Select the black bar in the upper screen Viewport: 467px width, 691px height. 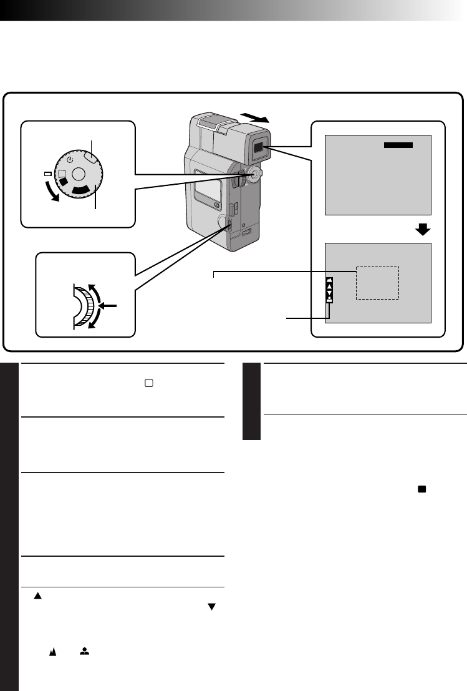pyautogui.click(x=398, y=145)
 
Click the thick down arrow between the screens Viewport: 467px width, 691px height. pyautogui.click(x=423, y=230)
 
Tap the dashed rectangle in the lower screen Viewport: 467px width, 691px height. pyautogui.click(x=377, y=283)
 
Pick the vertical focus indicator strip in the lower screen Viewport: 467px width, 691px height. pyautogui.click(x=329, y=290)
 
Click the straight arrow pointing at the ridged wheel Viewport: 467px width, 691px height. pyautogui.click(x=108, y=306)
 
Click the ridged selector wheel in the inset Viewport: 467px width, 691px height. pyautogui.click(x=87, y=306)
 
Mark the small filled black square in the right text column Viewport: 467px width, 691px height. pyautogui.click(x=422, y=490)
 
